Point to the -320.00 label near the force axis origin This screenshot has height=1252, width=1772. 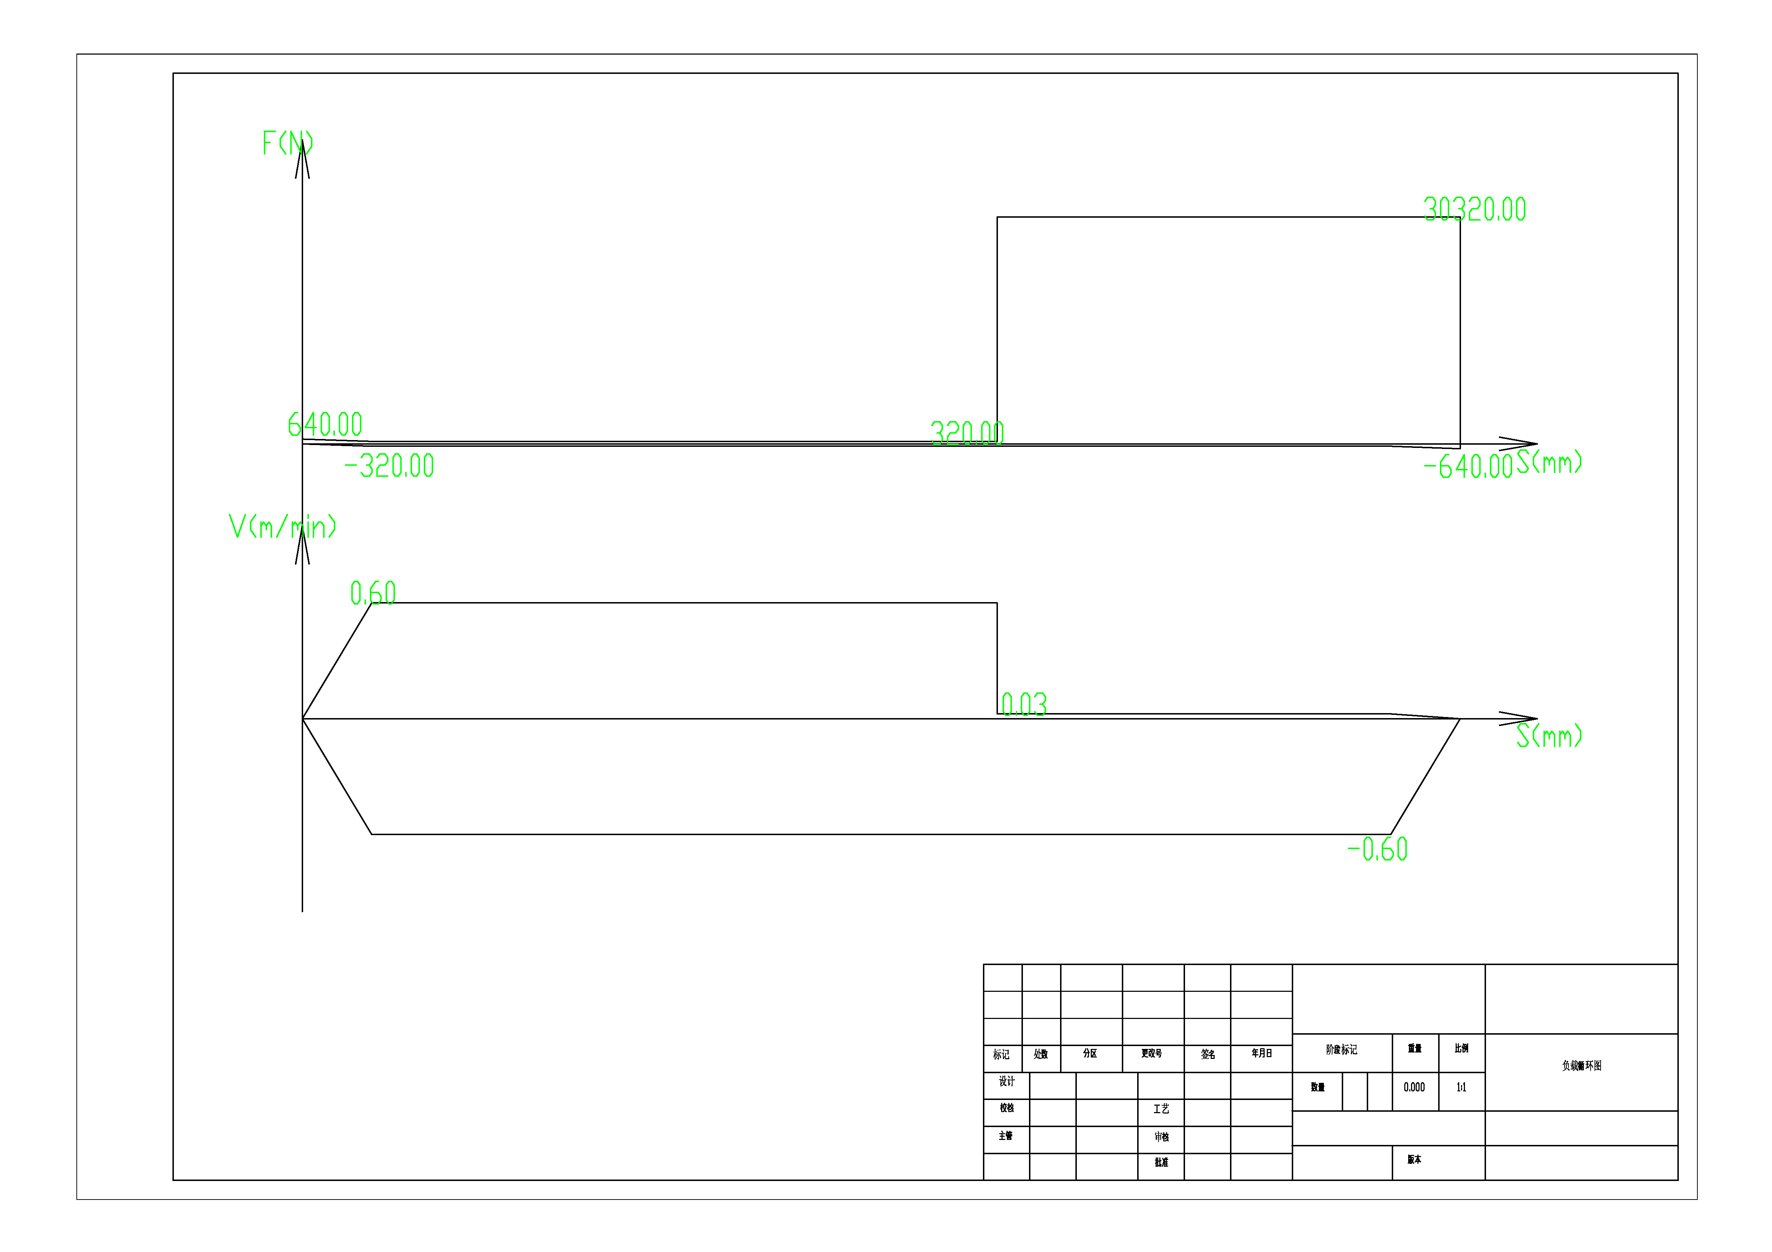pyautogui.click(x=389, y=466)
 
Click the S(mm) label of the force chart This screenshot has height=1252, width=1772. pyautogui.click(x=1549, y=462)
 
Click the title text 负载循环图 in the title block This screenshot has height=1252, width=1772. pyautogui.click(x=1581, y=1065)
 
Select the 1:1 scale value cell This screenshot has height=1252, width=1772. pyautogui.click(x=1461, y=1087)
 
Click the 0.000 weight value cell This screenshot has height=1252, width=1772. pyautogui.click(x=1414, y=1087)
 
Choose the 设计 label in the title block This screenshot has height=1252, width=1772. pyautogui.click(x=1007, y=1081)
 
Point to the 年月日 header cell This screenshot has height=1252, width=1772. pyautogui.click(x=1261, y=1053)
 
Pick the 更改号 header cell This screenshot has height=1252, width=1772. pyautogui.click(x=1151, y=1053)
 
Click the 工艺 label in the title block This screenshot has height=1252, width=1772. pyautogui.click(x=1161, y=1109)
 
